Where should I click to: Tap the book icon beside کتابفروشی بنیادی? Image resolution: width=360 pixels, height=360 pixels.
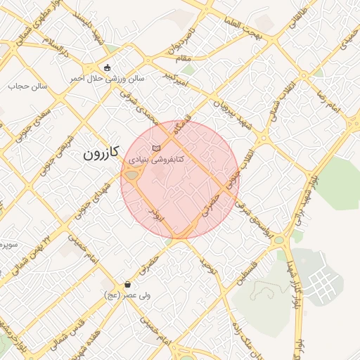(x=155, y=148)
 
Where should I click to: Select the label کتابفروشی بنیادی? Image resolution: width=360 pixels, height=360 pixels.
(x=155, y=160)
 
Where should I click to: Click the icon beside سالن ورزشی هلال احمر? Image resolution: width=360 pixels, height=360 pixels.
(x=107, y=68)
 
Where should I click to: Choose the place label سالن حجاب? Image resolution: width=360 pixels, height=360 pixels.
(x=27, y=86)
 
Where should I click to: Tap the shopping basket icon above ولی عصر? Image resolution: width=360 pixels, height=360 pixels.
(x=127, y=285)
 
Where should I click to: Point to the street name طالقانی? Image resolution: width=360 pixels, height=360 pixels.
(x=300, y=18)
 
